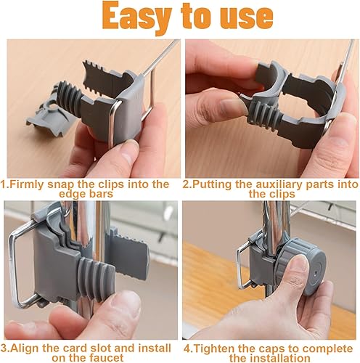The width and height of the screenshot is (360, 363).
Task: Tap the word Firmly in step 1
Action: click(x=26, y=185)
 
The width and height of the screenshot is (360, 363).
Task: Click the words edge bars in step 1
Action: click(x=86, y=194)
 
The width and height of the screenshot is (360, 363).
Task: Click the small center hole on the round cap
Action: click(x=315, y=273)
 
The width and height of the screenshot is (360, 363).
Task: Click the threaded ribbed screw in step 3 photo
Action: click(x=95, y=279)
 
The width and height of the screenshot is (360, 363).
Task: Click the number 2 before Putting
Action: click(x=186, y=184)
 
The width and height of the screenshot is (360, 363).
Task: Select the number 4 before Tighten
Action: click(x=187, y=349)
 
